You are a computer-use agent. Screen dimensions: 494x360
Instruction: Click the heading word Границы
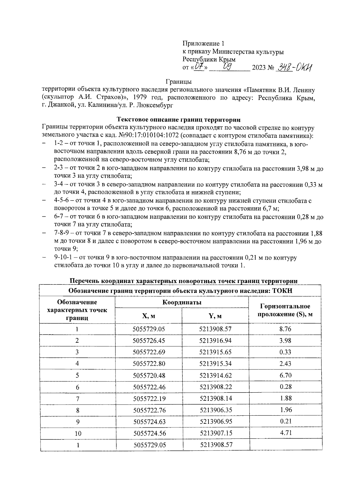coord(179,81)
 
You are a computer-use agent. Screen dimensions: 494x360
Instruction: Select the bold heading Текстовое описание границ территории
coord(178,120)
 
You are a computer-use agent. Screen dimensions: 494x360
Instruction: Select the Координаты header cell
coord(182,302)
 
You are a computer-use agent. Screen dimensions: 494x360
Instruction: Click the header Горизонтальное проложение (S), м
coord(285,310)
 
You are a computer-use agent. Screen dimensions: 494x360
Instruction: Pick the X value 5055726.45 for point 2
coord(149,341)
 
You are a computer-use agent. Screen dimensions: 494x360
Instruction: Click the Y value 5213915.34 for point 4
coord(215,364)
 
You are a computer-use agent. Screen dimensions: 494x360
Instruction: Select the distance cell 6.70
coord(285,375)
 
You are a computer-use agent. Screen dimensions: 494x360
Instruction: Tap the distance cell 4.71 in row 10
coord(285,433)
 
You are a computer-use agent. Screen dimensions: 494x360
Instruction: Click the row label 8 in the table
coord(77,410)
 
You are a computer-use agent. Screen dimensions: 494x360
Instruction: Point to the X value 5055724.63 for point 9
coord(149,422)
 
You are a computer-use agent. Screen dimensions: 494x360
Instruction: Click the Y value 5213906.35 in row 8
coord(215,410)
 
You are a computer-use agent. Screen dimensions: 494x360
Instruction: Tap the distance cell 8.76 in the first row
coord(285,329)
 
